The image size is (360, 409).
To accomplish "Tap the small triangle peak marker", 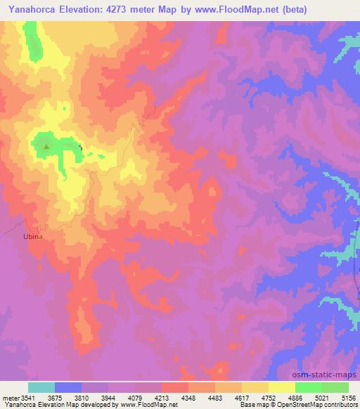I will point(46,147).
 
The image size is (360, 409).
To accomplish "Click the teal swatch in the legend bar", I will point(41,387).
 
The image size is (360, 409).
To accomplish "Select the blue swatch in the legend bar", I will point(68,387).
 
